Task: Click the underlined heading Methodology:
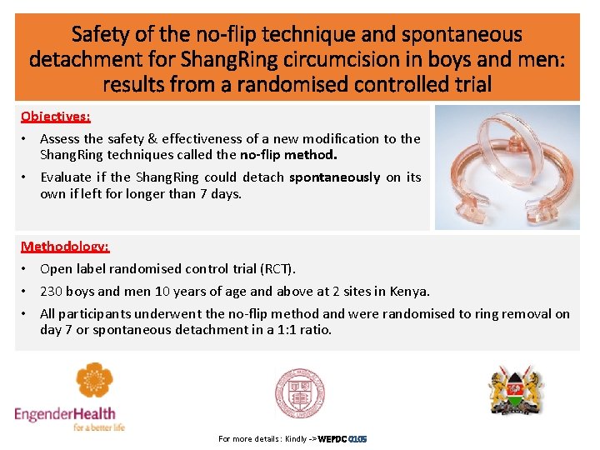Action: tap(65, 246)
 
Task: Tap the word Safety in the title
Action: tap(98, 35)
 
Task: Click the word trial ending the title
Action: tap(469, 84)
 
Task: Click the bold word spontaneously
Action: tap(334, 177)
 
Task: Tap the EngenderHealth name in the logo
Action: tap(65, 413)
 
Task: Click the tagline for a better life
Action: tap(98, 427)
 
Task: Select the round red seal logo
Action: tap(299, 392)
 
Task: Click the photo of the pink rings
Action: tap(507, 167)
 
